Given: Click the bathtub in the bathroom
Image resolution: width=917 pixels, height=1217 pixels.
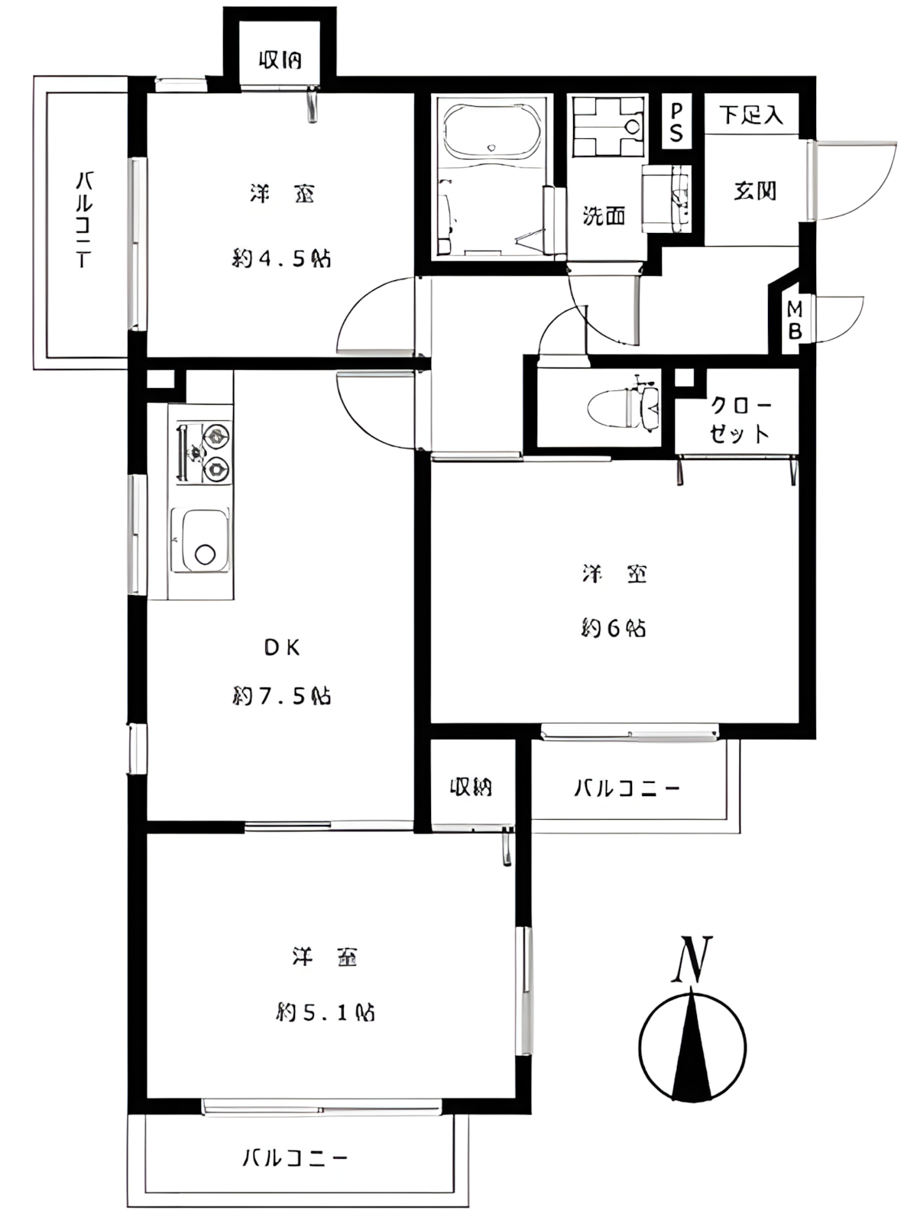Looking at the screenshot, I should [x=493, y=131].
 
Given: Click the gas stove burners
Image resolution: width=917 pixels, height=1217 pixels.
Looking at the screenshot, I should [x=205, y=452].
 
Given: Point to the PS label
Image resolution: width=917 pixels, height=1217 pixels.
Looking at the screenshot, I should [x=676, y=122].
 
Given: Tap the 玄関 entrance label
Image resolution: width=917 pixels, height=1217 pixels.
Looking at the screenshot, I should [x=754, y=191].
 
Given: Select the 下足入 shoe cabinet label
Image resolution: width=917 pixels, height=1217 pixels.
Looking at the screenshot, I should [x=751, y=115].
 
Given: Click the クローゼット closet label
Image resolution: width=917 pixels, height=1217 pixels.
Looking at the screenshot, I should [x=739, y=419].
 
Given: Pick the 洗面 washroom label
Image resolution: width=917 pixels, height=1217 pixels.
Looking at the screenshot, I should [x=604, y=216].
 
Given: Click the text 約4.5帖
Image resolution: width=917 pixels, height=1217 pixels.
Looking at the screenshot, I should [x=281, y=259].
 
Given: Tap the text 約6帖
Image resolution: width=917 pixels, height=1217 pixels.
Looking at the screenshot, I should [x=614, y=629].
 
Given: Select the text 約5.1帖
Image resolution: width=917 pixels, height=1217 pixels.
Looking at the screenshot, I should [x=325, y=1013].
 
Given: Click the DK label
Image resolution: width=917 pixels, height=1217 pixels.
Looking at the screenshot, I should [x=282, y=648].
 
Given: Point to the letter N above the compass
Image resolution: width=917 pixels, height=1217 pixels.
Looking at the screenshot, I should [x=692, y=960].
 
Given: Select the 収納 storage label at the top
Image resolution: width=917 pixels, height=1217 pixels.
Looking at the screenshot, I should [x=280, y=60].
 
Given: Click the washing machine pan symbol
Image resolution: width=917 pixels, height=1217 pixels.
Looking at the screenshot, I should [x=608, y=125].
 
